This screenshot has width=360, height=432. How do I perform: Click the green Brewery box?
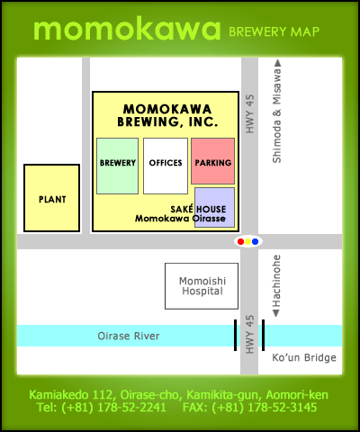117,165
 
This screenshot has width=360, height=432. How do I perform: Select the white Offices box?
165,165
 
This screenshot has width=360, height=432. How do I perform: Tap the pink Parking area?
212,161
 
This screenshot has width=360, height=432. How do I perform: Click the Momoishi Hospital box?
201,285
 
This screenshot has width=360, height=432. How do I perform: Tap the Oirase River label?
129,336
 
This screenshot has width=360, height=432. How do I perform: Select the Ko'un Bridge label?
304,358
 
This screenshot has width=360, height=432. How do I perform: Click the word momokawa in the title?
126,29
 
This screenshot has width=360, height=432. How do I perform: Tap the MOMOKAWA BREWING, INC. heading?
165,114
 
